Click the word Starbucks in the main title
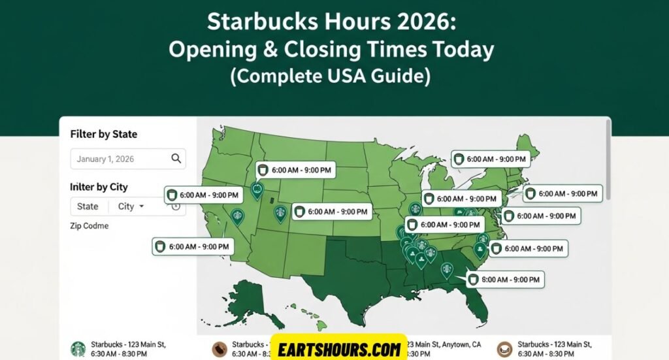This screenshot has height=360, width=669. coord(250,23)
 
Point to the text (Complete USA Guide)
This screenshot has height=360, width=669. coord(331,76)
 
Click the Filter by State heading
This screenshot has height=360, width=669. coord(103,134)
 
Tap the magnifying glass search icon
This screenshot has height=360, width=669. coord(176,158)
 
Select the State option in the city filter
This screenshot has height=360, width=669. coord(88,206)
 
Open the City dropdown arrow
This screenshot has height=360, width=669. coord(141,206)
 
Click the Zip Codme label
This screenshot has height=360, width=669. coord(89,226)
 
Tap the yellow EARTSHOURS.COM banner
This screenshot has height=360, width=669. coord(338,349)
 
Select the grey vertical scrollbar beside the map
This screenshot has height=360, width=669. coord(609,160)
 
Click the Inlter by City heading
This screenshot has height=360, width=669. coord(99,187)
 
